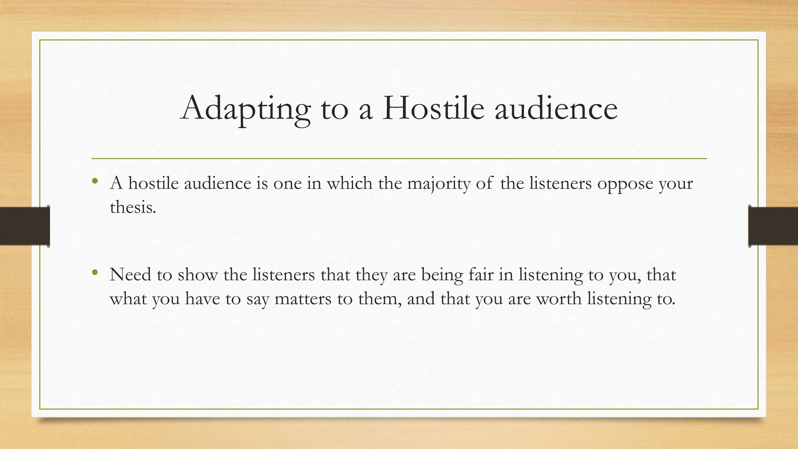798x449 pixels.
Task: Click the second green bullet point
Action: [x=94, y=272]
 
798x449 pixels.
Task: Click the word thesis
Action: [x=132, y=207]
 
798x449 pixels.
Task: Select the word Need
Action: [x=130, y=275]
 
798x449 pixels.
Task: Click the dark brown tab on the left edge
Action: [x=25, y=226]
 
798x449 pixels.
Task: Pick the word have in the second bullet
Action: [x=203, y=299]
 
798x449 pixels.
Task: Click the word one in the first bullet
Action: [x=287, y=184]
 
